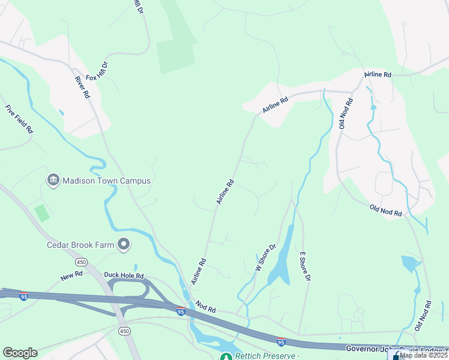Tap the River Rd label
(82, 88)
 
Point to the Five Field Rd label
(19, 119)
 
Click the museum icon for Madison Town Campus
(53, 180)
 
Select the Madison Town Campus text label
(106, 181)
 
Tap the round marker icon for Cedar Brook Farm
(124, 244)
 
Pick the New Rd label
(71, 275)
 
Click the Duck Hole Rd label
(124, 275)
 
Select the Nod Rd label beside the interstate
(205, 308)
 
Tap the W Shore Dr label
(265, 257)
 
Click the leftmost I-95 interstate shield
(23, 296)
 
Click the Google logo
(20, 353)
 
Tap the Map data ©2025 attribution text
(424, 355)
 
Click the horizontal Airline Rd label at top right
(378, 74)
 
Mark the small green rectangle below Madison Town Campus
(41, 212)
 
